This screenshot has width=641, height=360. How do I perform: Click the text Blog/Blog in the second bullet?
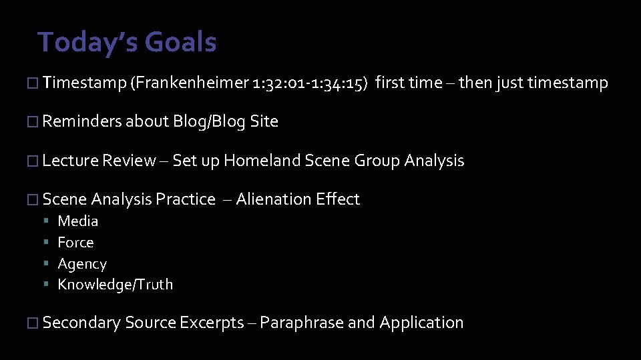pos(209,121)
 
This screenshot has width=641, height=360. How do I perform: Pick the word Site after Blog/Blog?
pos(264,121)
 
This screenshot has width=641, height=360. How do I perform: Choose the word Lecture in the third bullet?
pos(70,161)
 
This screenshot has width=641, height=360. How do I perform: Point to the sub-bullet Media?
pos(78,221)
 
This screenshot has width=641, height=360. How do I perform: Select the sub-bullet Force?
pos(76,243)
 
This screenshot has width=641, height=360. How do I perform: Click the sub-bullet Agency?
pos(82,264)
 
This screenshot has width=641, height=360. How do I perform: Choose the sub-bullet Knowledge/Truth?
pos(115,285)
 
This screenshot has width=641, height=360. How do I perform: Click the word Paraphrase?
pos(301,323)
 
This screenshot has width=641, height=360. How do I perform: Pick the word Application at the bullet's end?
pos(421,323)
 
